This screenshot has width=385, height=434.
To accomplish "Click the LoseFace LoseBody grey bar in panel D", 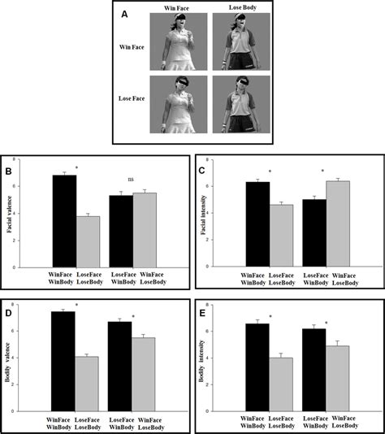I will click(87, 381).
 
